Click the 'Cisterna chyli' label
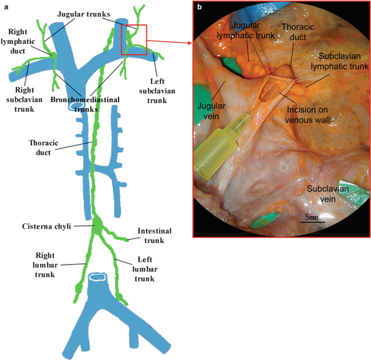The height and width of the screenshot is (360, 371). tap(45, 226)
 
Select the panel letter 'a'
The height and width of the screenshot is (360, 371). tap(5, 7)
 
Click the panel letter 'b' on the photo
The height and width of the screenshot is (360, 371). tap(200, 8)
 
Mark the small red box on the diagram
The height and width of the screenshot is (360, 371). tap(134, 39)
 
